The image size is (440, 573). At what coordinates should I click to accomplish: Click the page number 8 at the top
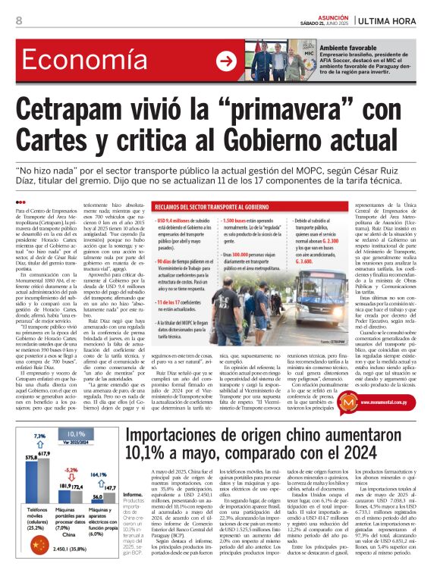tap(18, 20)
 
